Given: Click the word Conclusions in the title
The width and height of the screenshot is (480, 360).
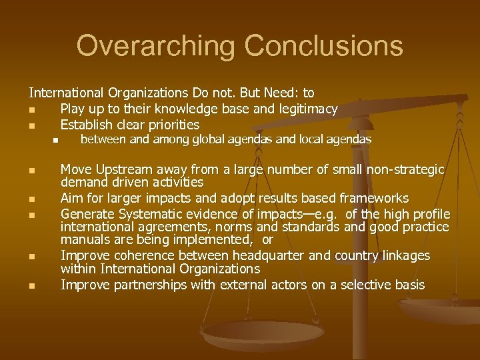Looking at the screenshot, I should pyautogui.click(x=324, y=47).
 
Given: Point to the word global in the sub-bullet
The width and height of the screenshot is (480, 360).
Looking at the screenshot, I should pyautogui.click(x=212, y=139).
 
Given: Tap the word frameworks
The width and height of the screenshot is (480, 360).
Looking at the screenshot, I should pyautogui.click(x=376, y=199).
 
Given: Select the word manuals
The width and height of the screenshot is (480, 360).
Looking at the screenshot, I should pyautogui.click(x=84, y=239).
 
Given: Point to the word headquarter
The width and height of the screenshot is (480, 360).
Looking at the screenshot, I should pyautogui.click(x=247, y=256).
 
